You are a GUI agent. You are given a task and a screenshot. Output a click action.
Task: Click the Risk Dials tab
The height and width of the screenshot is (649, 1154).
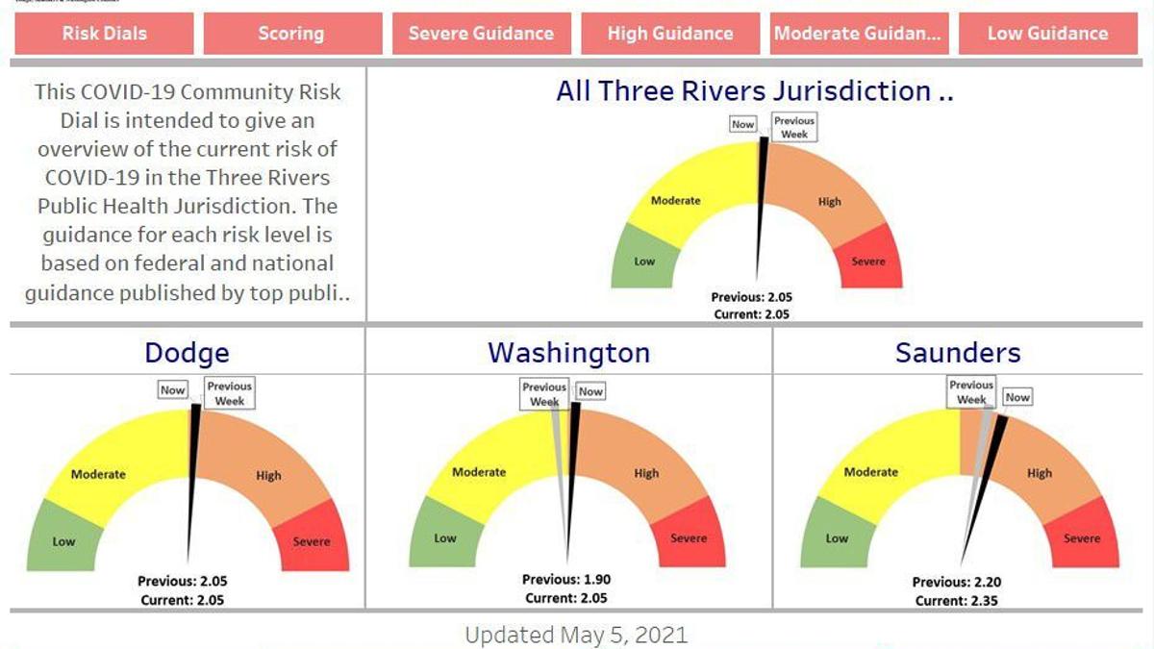pos(104,34)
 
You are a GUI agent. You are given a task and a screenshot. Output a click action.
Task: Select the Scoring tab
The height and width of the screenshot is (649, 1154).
pos(290,34)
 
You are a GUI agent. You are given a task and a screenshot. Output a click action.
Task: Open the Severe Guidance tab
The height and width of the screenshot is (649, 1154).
pos(481,34)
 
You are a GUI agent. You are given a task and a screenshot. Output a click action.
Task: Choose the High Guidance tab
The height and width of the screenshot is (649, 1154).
pos(669,34)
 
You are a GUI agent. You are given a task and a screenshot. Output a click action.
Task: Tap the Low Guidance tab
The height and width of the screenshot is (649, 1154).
pos(1047,34)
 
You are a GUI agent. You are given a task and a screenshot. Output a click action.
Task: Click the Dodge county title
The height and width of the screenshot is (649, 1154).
pos(187,353)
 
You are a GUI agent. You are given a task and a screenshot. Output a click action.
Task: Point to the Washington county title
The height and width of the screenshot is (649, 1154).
pos(568,353)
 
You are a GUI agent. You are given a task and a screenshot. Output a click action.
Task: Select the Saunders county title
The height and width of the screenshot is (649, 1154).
pos(957,353)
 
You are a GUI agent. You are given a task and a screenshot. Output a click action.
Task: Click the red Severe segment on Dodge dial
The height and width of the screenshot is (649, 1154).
pos(312,538)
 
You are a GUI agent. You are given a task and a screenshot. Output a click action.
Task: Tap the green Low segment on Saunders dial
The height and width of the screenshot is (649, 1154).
pos(836,537)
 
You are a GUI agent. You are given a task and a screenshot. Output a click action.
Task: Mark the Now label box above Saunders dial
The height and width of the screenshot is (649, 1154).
pos(1017,397)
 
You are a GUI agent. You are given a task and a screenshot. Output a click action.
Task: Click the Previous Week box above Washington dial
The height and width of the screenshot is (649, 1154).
pos(544,394)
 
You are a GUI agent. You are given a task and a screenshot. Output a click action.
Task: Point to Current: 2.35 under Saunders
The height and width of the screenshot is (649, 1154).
pos(953,601)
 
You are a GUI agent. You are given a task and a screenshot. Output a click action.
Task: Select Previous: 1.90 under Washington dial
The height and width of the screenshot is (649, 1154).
pos(566,580)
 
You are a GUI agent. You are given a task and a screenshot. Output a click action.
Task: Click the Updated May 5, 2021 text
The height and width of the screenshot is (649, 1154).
pos(576,635)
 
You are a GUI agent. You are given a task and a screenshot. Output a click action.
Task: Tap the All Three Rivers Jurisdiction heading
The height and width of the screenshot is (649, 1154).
pos(754,91)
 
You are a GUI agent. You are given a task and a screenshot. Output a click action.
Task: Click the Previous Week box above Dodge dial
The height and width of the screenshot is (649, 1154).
pos(229,393)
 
